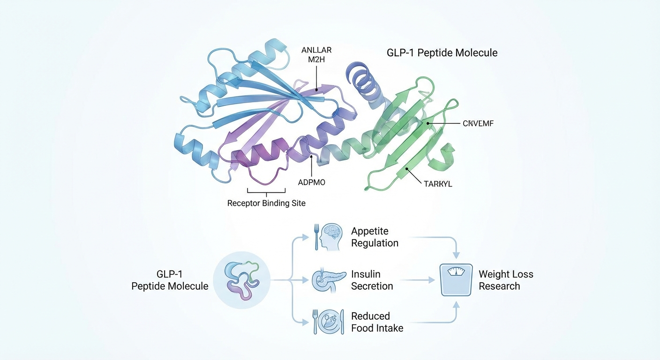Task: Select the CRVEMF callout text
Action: point(478,123)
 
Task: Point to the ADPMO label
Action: point(311,182)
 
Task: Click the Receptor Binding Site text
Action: point(266,203)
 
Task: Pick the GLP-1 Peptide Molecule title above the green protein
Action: point(442,52)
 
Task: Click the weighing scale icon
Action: point(455,280)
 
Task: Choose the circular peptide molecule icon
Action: point(241,280)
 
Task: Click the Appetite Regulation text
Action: point(375,237)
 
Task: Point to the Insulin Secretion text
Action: point(372,280)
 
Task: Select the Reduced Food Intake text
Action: point(377,322)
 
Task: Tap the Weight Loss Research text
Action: point(506,280)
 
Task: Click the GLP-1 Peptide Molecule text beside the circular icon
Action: point(170,280)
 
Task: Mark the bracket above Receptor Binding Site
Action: point(266,191)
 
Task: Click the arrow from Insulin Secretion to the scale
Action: point(418,280)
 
